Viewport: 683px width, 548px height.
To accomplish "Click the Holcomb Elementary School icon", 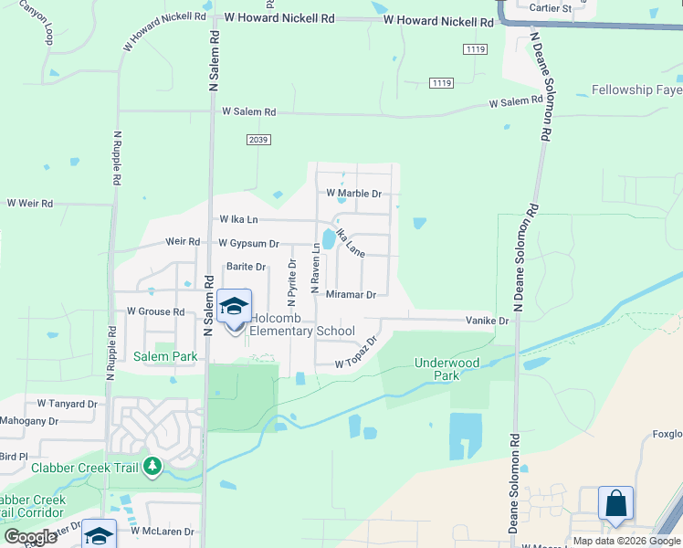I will (x=235, y=307).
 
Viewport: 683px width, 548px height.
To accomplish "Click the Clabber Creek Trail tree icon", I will (x=152, y=468).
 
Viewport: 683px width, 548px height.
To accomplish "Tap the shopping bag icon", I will (x=615, y=503).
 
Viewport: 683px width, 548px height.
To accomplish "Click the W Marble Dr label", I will (x=353, y=194).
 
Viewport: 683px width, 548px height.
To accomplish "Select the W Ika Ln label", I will (x=239, y=219).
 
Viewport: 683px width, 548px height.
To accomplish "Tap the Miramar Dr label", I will (x=351, y=295).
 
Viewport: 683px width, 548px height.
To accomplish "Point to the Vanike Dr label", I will (x=487, y=321).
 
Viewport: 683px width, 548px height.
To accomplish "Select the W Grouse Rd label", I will (x=155, y=311).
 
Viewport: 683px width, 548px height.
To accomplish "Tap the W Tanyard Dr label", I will (x=67, y=403).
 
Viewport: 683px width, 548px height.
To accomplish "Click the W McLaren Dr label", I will (x=163, y=531).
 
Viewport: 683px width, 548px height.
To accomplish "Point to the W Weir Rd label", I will (x=30, y=203).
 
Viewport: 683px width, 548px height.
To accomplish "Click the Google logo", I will (x=30, y=537).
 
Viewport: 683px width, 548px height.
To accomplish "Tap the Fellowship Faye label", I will (x=636, y=90).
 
